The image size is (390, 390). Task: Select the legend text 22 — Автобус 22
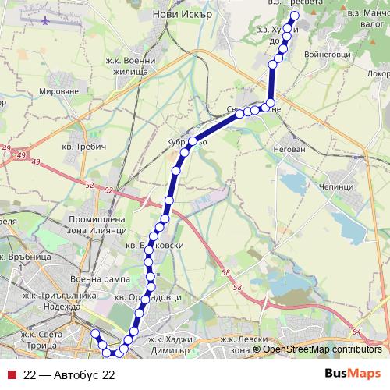pos(70,374)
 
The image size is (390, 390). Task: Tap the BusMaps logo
pos(353,374)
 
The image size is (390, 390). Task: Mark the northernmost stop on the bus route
pos(295,16)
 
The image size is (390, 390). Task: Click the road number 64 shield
pos(356,332)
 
